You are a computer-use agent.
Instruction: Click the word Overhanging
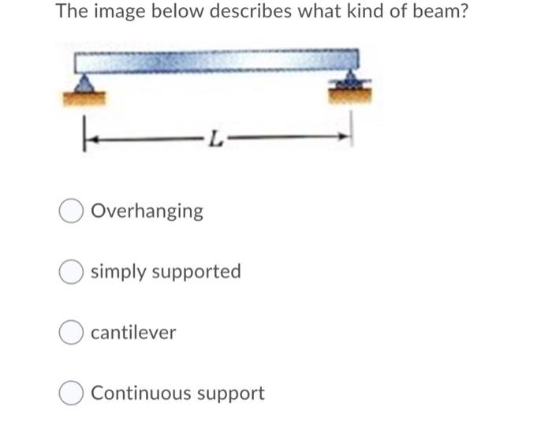147,211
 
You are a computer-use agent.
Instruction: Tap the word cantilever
133,333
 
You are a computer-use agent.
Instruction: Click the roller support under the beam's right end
347,82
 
